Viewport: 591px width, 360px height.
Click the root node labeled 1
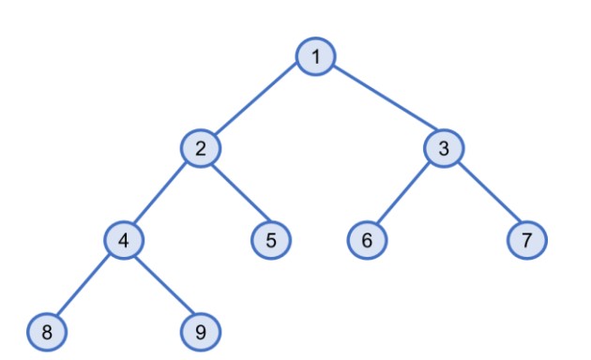click(317, 57)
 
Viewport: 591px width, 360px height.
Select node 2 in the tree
click(201, 148)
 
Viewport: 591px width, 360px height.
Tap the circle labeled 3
click(444, 148)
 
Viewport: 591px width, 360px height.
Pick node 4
click(124, 240)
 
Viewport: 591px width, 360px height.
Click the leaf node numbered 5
click(271, 240)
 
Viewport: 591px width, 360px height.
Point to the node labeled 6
click(367, 240)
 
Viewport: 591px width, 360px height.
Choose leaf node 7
click(527, 240)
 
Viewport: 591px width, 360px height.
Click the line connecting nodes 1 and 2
click(259, 103)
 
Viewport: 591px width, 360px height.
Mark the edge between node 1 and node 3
click(380, 103)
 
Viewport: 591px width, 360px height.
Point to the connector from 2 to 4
click(162, 194)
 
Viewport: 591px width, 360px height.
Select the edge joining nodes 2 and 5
click(235, 194)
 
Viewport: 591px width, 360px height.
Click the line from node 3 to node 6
click(405, 194)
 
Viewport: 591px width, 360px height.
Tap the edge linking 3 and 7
click(485, 194)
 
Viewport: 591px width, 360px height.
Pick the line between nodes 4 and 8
click(85, 285)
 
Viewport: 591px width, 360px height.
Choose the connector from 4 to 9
click(162, 285)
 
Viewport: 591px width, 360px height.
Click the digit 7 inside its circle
click(527, 240)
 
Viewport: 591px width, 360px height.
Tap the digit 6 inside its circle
click(367, 240)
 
